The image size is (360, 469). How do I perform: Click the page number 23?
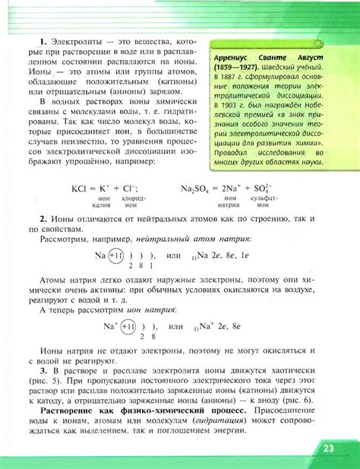pos(328,448)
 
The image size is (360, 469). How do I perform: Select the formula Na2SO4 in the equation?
pos(196,189)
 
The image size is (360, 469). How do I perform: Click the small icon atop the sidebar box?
pos(317,44)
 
